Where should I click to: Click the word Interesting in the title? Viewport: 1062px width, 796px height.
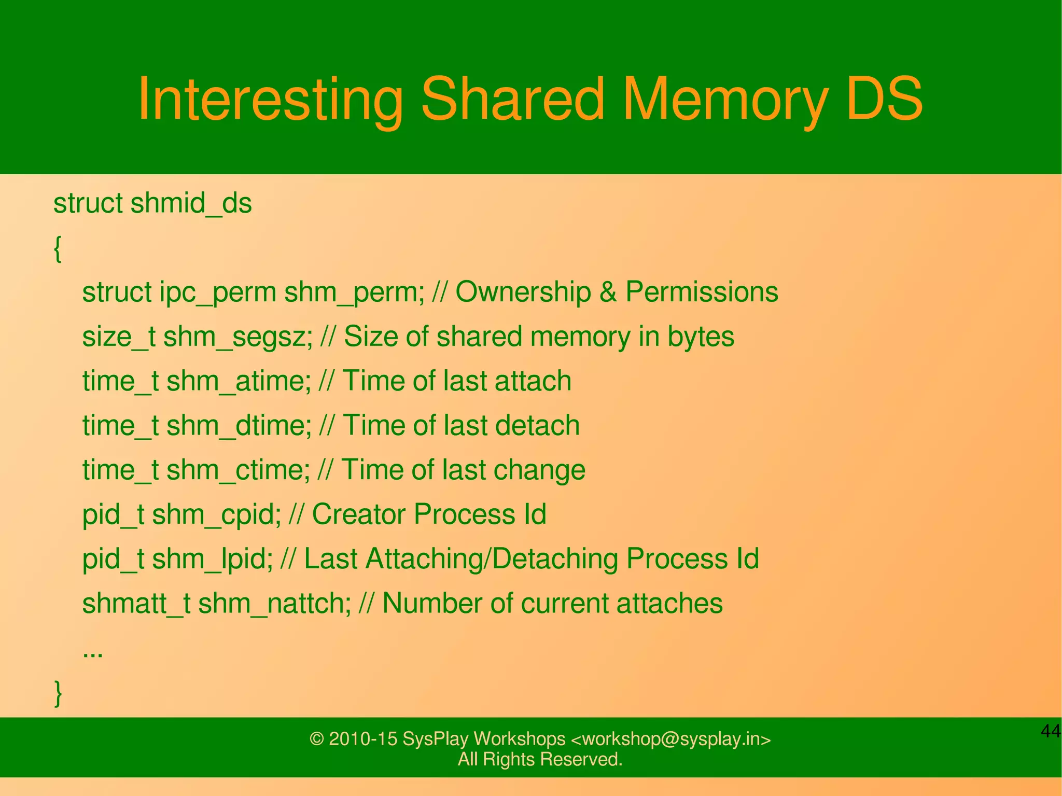(270, 100)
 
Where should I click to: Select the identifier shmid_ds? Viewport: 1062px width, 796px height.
(191, 203)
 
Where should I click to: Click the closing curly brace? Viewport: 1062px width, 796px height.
(58, 693)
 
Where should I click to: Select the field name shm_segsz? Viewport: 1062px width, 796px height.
(238, 337)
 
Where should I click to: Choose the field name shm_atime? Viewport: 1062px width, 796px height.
(238, 381)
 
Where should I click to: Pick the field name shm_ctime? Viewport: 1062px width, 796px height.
(237, 470)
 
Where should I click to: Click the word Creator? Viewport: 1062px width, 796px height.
(359, 514)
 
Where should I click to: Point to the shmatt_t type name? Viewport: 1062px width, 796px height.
(136, 604)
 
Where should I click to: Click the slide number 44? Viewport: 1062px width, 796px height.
(1050, 731)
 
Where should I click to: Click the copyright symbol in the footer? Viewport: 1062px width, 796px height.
(316, 739)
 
